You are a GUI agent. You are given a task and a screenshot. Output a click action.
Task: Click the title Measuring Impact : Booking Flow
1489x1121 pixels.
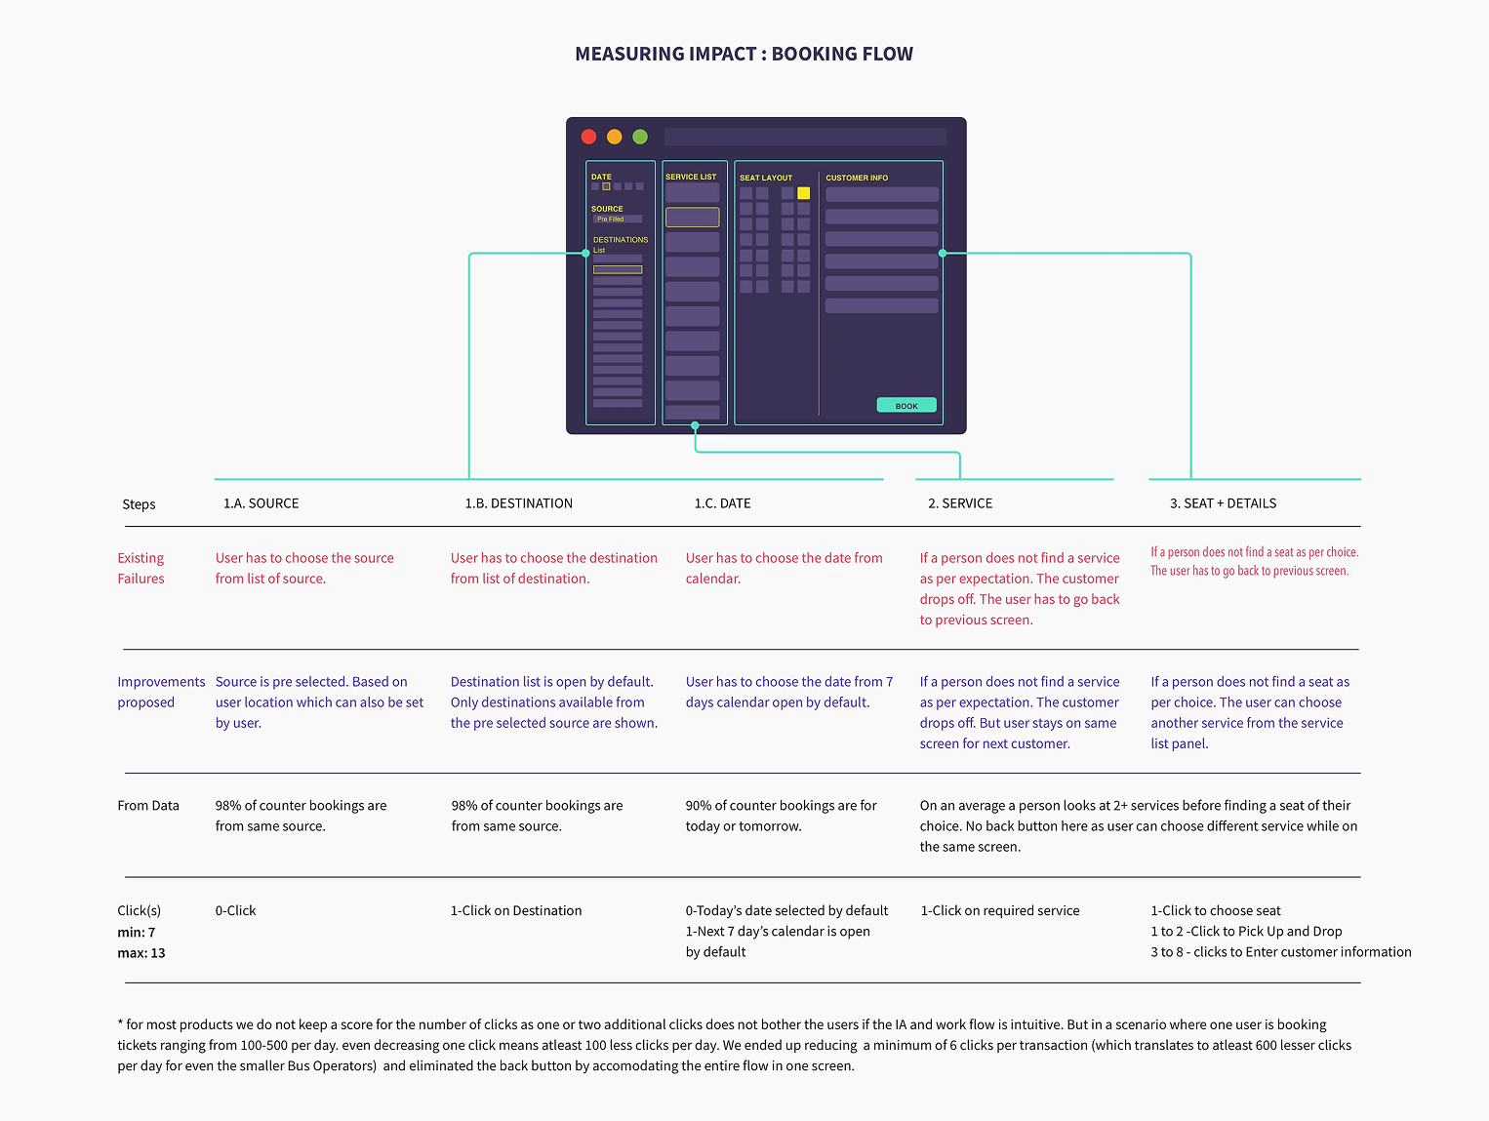pos(744,54)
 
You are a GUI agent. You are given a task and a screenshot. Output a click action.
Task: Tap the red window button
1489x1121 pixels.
pos(588,137)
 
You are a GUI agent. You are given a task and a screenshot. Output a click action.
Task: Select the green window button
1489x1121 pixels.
pos(640,137)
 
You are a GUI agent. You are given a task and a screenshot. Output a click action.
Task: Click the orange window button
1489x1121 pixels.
pos(614,137)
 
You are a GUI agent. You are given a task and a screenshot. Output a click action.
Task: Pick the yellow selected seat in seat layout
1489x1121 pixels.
pos(803,193)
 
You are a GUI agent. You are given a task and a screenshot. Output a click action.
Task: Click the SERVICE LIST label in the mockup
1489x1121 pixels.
pos(691,177)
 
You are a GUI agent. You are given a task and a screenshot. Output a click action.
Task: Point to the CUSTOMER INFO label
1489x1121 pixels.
pos(857,178)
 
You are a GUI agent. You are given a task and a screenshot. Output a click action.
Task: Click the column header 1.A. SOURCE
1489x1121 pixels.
pos(261,503)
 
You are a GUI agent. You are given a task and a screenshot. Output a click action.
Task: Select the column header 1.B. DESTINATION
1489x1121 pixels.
pos(518,503)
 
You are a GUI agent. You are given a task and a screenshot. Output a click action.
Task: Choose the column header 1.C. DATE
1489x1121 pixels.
pos(722,503)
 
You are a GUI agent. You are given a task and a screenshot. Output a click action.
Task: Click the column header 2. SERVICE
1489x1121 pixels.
pos(960,503)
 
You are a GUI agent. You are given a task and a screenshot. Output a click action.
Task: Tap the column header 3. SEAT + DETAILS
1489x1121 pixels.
pos(1223,503)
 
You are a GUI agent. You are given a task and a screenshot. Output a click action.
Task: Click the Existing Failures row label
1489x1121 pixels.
pos(141,568)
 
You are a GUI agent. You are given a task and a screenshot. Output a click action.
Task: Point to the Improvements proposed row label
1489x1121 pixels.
pos(161,692)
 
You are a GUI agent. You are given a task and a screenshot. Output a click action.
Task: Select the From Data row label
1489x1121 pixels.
pos(148,805)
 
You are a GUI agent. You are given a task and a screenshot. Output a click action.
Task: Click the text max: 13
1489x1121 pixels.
pos(141,953)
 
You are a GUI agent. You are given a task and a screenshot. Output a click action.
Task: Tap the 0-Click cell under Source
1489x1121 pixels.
pos(235,910)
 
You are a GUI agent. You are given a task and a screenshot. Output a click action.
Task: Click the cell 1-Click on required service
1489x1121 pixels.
pos(1000,910)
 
